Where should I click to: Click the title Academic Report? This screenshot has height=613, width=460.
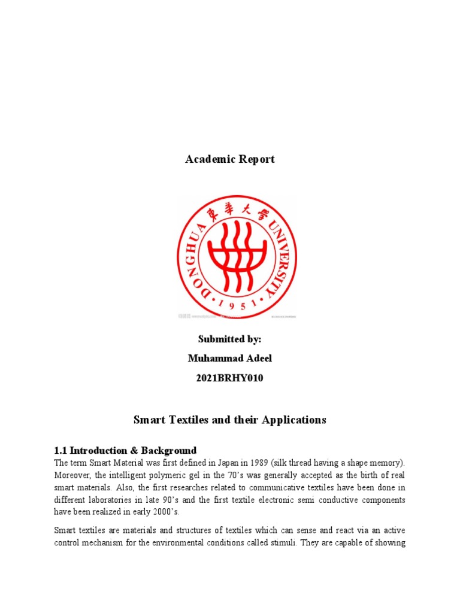click(x=230, y=159)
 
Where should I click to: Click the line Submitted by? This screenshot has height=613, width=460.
click(x=230, y=339)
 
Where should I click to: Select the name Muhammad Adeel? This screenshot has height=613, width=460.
click(x=230, y=359)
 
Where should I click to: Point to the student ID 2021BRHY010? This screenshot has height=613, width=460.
click(x=230, y=378)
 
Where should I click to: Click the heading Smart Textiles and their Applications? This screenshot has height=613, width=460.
click(x=230, y=420)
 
